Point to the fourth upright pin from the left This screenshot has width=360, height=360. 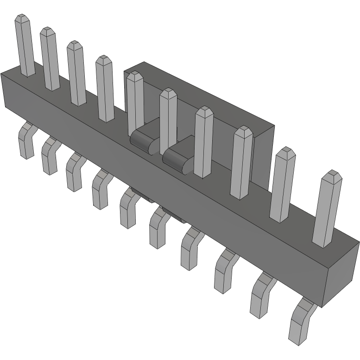[105, 90]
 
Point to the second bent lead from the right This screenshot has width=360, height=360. [261, 297]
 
